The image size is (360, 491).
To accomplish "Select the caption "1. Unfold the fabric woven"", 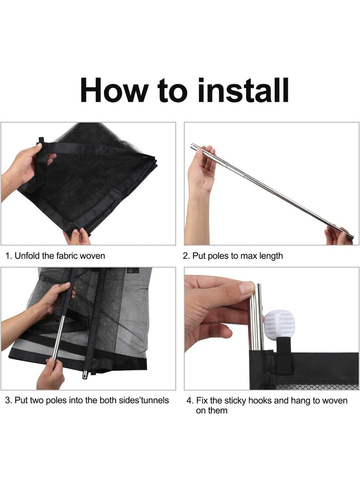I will click(x=55, y=256).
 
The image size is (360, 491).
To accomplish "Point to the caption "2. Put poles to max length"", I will click(x=233, y=256).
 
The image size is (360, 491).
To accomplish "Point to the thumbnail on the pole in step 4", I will click(x=246, y=288).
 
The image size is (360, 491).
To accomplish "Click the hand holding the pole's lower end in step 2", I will click(x=337, y=236).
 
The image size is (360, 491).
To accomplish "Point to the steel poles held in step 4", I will click(x=256, y=320).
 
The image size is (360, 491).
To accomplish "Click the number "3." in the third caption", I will click(x=9, y=400).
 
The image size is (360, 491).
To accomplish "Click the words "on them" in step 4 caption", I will click(x=211, y=410).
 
